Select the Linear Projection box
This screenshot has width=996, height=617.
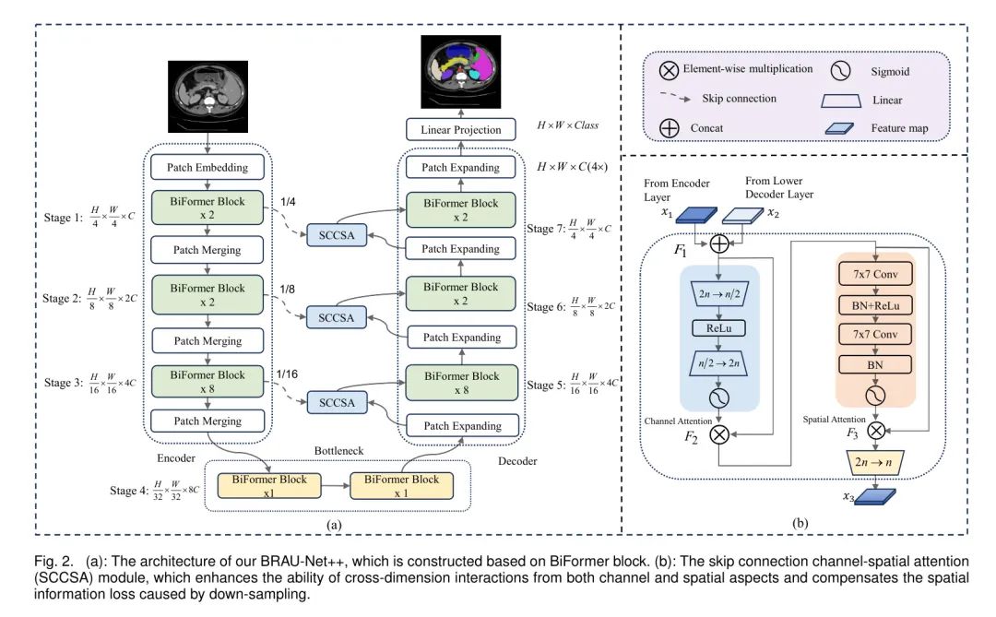[x=461, y=130]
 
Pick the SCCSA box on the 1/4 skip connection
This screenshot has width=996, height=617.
[x=336, y=237]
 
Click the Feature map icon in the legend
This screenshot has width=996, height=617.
[x=837, y=129]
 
